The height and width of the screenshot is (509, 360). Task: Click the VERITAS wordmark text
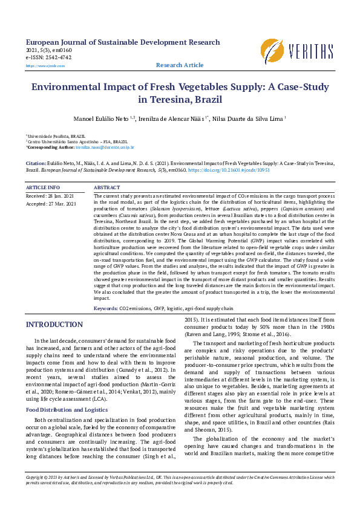click(x=310, y=50)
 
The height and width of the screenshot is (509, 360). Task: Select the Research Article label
click(x=180, y=65)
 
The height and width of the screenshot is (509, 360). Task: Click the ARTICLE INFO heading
click(x=43, y=188)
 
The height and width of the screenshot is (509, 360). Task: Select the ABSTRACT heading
click(x=107, y=188)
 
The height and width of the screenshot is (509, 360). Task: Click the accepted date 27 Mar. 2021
click(x=51, y=204)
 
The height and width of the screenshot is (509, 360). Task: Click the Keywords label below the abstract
click(x=105, y=309)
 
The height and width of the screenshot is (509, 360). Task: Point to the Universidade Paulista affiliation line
click(x=56, y=137)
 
